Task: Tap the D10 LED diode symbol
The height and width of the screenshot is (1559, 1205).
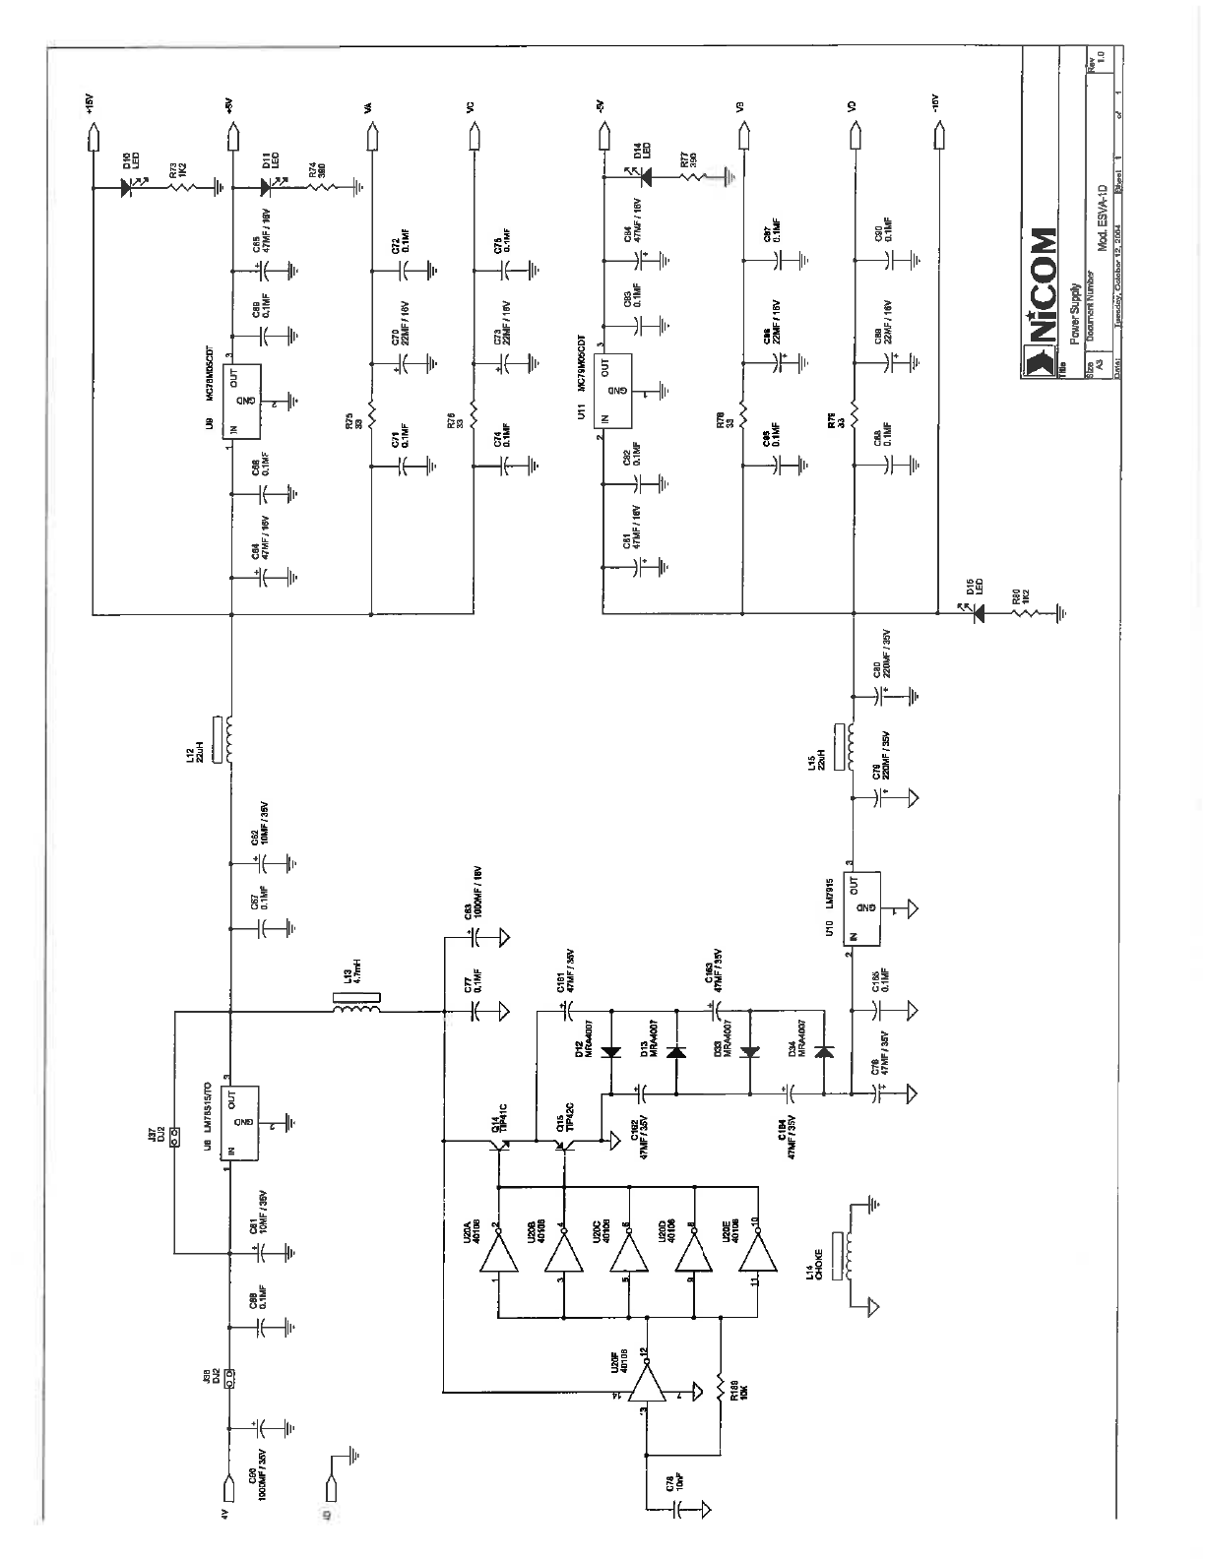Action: (x=127, y=183)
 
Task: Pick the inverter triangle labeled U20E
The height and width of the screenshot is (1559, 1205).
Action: (x=758, y=1252)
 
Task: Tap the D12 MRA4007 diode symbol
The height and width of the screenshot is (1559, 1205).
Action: (x=610, y=1052)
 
